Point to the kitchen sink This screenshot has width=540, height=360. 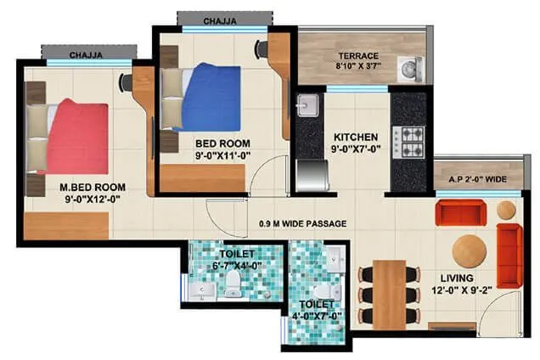pyautogui.click(x=307, y=107)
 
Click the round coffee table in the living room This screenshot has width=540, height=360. pyautogui.click(x=470, y=250)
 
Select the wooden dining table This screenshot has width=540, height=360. pyautogui.click(x=390, y=294)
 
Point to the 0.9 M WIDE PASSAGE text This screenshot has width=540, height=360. pyautogui.click(x=303, y=224)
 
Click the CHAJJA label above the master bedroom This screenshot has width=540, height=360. pyautogui.click(x=87, y=55)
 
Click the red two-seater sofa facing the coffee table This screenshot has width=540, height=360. pyautogui.click(x=460, y=211)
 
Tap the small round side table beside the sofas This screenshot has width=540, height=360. pyautogui.click(x=507, y=209)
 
